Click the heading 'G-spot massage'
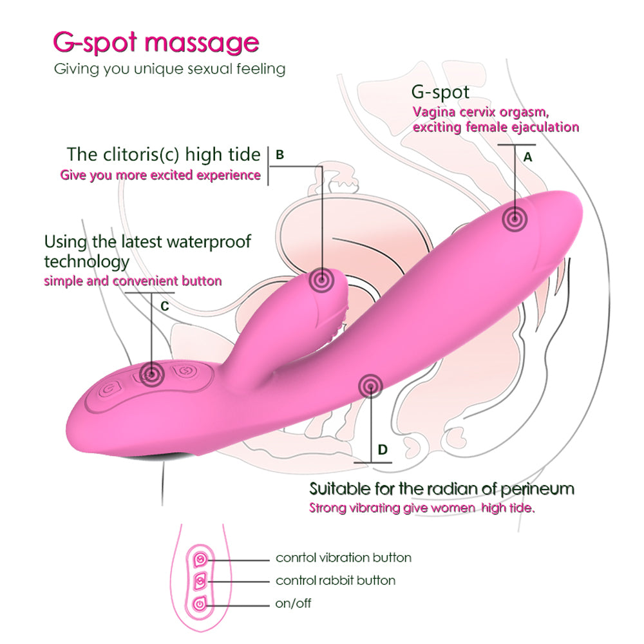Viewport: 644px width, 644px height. [x=155, y=43]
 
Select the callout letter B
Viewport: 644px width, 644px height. [x=279, y=155]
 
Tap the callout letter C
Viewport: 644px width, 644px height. [x=164, y=306]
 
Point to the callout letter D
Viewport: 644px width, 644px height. [x=383, y=449]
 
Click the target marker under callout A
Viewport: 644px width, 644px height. [x=515, y=220]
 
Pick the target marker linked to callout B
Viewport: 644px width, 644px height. [x=320, y=280]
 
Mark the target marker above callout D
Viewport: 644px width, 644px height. [x=370, y=386]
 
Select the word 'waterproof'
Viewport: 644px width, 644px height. [x=208, y=242]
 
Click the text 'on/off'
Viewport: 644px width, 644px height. [x=294, y=603]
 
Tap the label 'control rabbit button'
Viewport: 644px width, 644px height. [x=336, y=580]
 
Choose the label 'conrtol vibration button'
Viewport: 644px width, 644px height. [x=343, y=558]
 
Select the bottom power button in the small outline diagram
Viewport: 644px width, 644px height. [x=200, y=603]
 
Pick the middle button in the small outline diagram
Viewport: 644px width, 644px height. [x=200, y=580]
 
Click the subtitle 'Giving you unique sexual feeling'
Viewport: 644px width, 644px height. [x=169, y=68]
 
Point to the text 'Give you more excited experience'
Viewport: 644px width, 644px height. [x=160, y=175]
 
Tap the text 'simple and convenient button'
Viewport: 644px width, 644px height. [x=133, y=281]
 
